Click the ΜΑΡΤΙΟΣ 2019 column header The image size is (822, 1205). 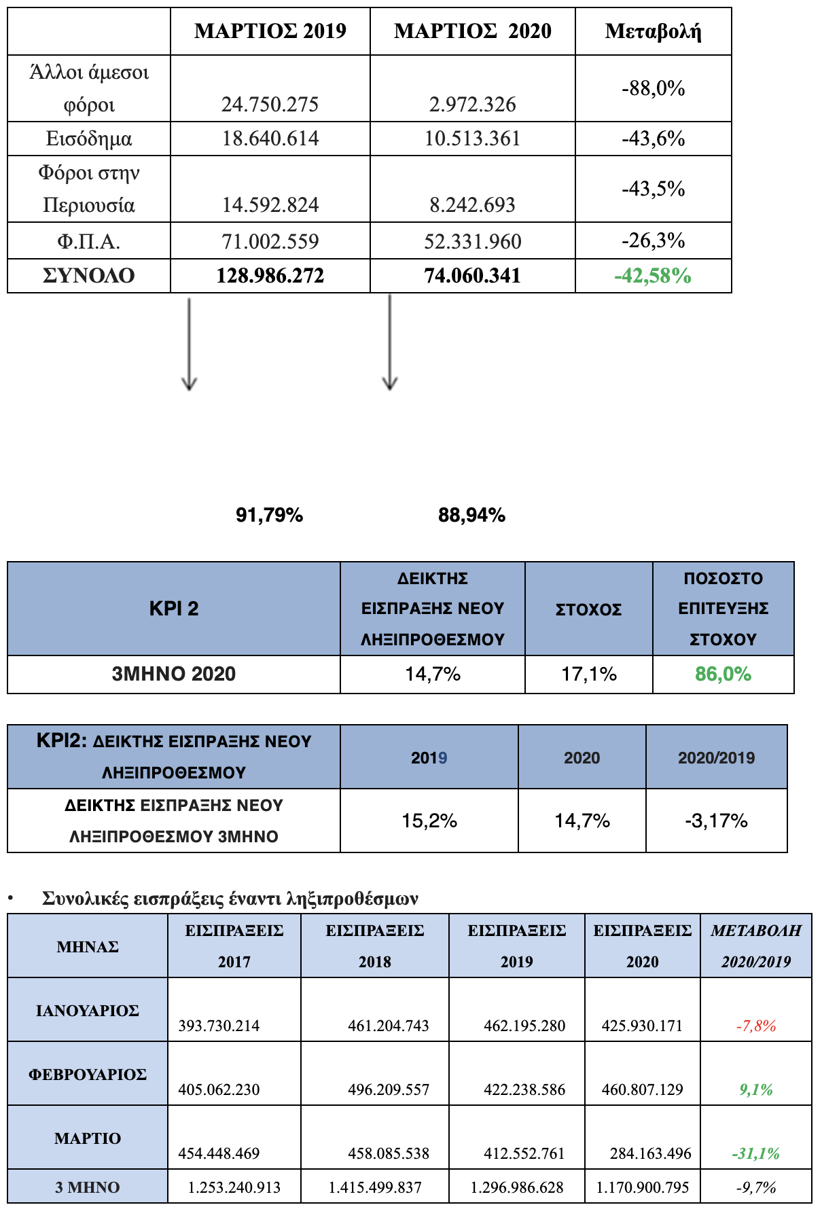point(270,31)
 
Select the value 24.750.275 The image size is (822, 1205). point(270,105)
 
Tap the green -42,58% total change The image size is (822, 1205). point(653,276)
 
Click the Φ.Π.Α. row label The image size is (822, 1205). point(88,242)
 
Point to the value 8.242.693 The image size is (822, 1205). point(472,205)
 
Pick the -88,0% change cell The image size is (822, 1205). point(653,88)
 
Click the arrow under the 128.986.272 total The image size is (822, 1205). point(189,344)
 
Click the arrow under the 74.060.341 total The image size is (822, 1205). point(389,342)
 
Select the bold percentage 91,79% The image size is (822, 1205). point(269,516)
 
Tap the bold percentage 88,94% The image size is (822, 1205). point(471,516)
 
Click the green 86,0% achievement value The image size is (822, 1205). point(723,675)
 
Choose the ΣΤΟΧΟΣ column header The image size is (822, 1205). point(588,610)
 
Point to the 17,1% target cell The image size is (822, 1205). point(588,675)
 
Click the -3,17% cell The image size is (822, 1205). point(716,821)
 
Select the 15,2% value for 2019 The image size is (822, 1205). point(429,821)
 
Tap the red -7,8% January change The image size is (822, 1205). point(756,1026)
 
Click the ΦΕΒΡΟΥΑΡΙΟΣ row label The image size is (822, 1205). point(88,1075)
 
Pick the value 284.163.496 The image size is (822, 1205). point(651,1153)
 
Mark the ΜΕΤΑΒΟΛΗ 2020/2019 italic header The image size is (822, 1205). point(756,946)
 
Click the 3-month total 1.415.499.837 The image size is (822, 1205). point(375,1188)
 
